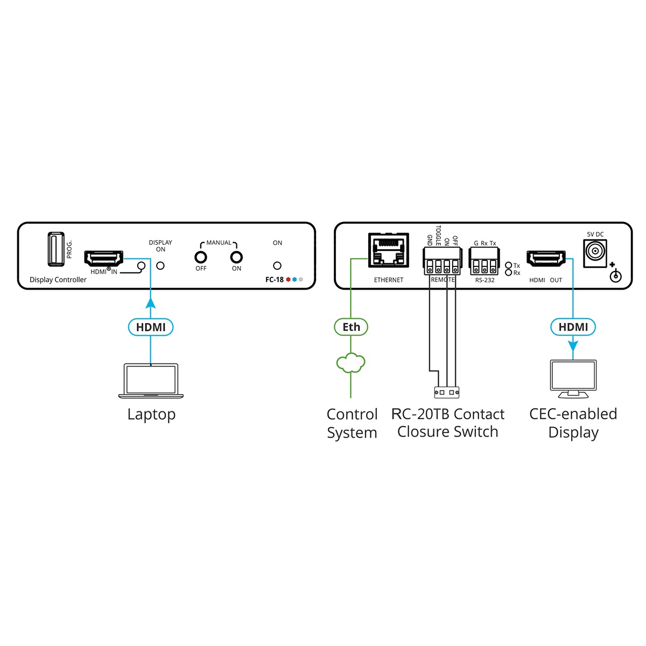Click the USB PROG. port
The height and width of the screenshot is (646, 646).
tap(55, 249)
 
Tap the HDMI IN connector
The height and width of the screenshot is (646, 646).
tap(103, 258)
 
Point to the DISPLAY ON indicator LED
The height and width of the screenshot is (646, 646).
tap(160, 265)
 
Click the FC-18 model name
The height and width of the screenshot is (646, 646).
tap(275, 280)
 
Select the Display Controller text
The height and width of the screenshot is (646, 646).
tap(58, 280)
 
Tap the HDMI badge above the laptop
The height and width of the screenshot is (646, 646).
tap(151, 327)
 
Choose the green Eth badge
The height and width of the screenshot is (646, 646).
tap(351, 327)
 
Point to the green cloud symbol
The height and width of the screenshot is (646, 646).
tap(351, 363)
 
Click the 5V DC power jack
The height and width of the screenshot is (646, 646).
tap(595, 251)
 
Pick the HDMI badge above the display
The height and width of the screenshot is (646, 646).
tap(573, 327)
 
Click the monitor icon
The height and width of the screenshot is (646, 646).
tap(573, 378)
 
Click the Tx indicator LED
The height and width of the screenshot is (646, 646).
tap(508, 265)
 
